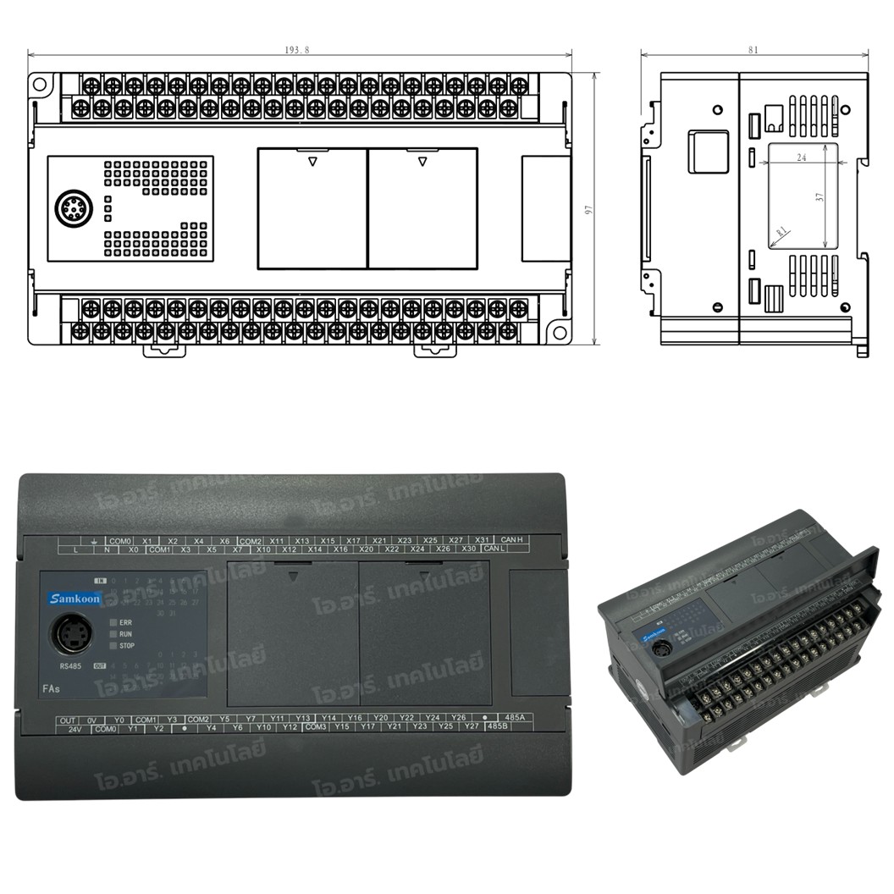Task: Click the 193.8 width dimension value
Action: [x=297, y=50]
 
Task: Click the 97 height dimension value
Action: [x=589, y=209]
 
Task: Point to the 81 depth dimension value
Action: [x=753, y=50]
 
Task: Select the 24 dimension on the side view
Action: [x=800, y=157]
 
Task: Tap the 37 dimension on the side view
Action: [x=819, y=196]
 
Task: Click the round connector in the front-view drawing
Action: [x=73, y=208]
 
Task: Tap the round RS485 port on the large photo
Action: [x=73, y=634]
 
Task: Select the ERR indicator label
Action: [x=125, y=622]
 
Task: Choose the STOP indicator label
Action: [x=126, y=646]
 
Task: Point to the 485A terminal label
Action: [x=514, y=718]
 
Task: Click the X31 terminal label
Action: [x=482, y=540]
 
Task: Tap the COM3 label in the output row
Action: [x=316, y=727]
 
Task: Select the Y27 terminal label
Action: [x=471, y=726]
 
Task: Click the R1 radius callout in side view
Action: [x=781, y=231]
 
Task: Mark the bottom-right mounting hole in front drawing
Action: [x=559, y=333]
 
